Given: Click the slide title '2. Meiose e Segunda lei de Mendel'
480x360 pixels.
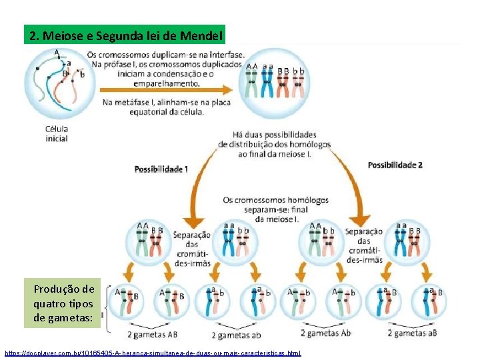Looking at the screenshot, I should coord(125,35).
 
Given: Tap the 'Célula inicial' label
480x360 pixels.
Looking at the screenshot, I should coord(57,133).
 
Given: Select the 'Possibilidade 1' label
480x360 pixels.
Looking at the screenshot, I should coord(161,169).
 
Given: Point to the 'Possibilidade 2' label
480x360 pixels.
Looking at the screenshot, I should coord(395,165).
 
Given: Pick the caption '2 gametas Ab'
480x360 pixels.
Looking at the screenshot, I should coord(326,333).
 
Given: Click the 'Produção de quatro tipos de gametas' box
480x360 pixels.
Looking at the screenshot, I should coord(64,303).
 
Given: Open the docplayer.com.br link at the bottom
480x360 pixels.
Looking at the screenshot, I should coord(153,352).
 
